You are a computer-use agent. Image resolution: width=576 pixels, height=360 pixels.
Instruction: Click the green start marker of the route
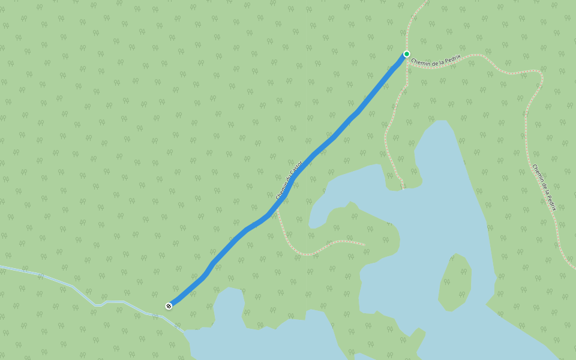pos(406,54)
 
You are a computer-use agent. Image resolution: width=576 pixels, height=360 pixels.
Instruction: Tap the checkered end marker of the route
pos(169,306)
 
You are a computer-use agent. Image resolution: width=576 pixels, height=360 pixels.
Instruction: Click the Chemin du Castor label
pos(287,182)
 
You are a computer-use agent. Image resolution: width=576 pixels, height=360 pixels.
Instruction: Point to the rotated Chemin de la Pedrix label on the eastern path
pos(544,187)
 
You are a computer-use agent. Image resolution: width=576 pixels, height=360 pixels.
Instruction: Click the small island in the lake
pos(455,281)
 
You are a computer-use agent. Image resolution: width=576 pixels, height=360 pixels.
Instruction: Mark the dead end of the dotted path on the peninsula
pos(364,244)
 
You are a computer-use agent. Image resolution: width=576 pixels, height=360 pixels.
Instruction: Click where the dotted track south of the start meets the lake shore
pos(403,188)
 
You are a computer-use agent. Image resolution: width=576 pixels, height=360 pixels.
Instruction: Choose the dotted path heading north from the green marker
pos(413,24)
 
